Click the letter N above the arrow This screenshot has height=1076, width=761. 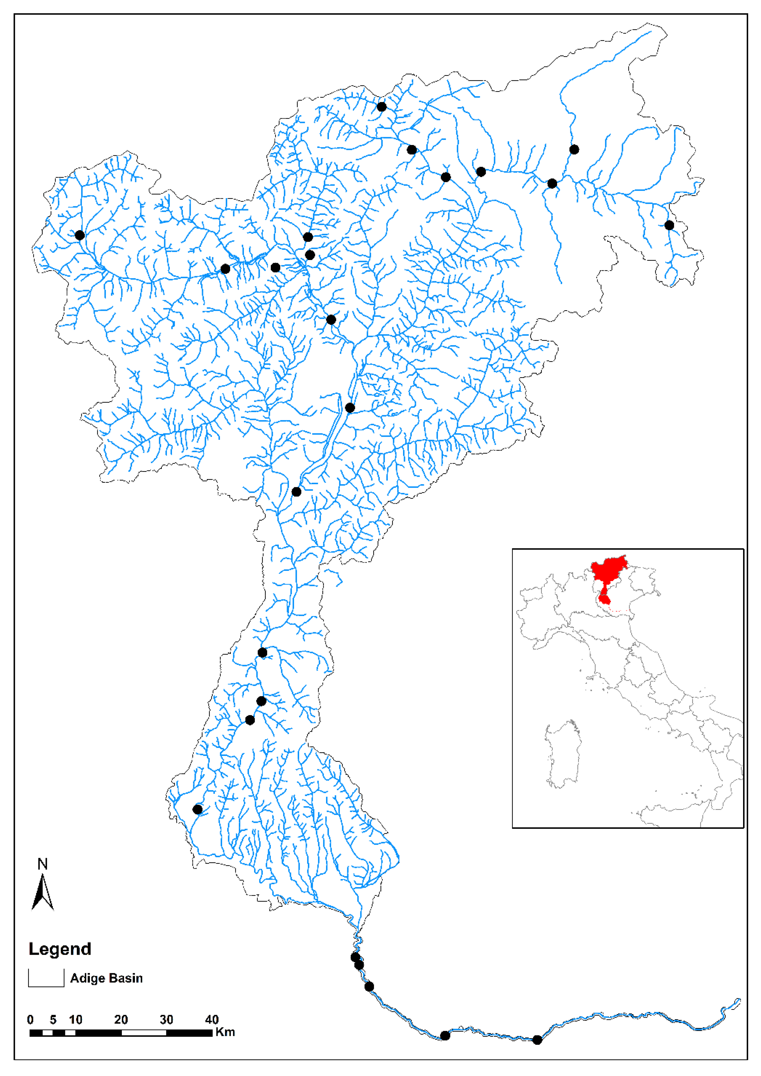[43, 864]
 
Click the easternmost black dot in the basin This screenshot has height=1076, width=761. [669, 225]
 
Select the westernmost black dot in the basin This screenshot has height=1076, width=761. [80, 235]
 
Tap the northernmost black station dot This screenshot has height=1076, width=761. [382, 107]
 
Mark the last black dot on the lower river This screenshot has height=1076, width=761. [537, 1040]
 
